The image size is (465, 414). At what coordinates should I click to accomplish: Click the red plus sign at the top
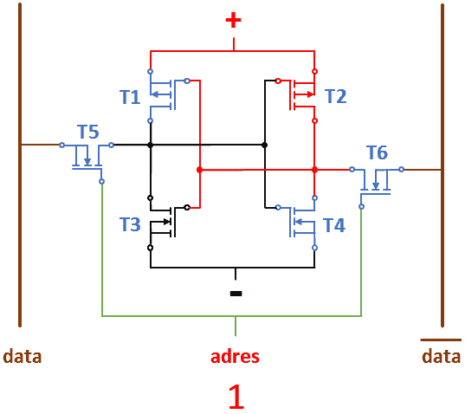(234, 20)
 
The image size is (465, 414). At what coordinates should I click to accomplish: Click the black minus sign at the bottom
(236, 294)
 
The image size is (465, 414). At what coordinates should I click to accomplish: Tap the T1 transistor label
(130, 97)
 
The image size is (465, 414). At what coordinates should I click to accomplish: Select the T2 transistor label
(336, 96)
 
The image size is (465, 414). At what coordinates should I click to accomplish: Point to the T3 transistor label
(130, 224)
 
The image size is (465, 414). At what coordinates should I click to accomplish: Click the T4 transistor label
(334, 225)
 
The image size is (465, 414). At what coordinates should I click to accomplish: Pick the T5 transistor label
(88, 132)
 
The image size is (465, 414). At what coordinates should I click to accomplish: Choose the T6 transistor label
(377, 152)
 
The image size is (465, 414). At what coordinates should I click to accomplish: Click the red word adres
(235, 357)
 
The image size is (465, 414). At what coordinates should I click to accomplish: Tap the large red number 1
(236, 397)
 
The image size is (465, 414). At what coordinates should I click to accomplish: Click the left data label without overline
(23, 356)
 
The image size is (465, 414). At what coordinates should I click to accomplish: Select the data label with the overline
(442, 356)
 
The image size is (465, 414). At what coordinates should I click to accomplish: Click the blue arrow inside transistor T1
(158, 94)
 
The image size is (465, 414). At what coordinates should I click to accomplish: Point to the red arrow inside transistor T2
(304, 94)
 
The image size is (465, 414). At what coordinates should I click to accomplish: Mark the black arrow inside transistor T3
(161, 221)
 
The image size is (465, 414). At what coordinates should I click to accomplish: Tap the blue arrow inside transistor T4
(305, 222)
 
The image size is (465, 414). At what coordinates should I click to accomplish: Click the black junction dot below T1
(151, 145)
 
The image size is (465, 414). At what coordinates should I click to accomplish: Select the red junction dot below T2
(314, 170)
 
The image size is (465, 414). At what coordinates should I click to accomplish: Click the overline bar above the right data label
(441, 340)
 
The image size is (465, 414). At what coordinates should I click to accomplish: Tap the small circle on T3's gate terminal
(187, 207)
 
